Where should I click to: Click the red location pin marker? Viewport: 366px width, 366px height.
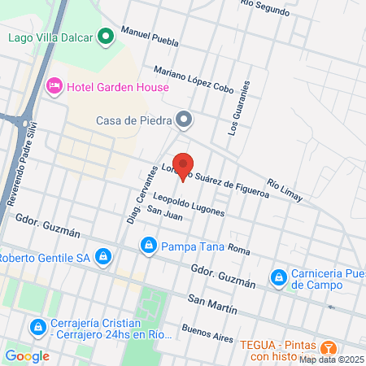pyautogui.click(x=183, y=163)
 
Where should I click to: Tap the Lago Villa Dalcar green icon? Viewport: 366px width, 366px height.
pyautogui.click(x=105, y=37)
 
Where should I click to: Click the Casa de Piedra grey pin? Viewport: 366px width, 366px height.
pyautogui.click(x=185, y=120)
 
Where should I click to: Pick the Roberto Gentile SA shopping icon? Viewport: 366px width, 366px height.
pyautogui.click(x=102, y=258)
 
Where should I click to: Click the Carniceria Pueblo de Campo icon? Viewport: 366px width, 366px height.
pyautogui.click(x=279, y=278)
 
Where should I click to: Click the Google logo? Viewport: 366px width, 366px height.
pyautogui.click(x=27, y=355)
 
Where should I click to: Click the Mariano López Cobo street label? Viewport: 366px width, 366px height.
pyautogui.click(x=192, y=78)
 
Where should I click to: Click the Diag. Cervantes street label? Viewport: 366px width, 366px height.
pyautogui.click(x=142, y=195)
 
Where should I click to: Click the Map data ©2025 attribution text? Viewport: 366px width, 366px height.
pyautogui.click(x=331, y=359)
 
